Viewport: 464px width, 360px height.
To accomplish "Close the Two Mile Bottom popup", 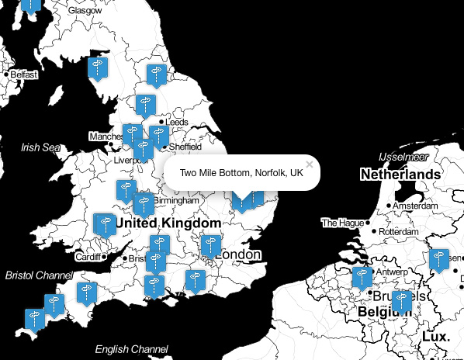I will pyautogui.click(x=310, y=164).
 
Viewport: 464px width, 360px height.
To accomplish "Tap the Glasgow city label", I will pyautogui.click(x=85, y=11).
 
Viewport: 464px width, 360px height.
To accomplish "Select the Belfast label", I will pyautogui.click(x=24, y=74).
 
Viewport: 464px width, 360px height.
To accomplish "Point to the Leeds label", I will pyautogui.click(x=177, y=123).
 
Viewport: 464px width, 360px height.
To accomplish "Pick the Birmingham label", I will pyautogui.click(x=178, y=200).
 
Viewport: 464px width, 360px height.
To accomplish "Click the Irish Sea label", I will pyautogui.click(x=40, y=147).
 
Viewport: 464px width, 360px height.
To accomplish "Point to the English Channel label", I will pyautogui.click(x=131, y=349).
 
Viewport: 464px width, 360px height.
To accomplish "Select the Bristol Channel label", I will pyautogui.click(x=39, y=275).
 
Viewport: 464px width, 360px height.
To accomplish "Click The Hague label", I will pyautogui.click(x=342, y=223).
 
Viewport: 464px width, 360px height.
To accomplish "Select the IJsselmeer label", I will pyautogui.click(x=403, y=157).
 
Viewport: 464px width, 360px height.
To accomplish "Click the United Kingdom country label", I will pyautogui.click(x=168, y=223).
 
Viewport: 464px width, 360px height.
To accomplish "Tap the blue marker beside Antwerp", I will pyautogui.click(x=361, y=278).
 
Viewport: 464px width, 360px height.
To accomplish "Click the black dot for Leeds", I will pyautogui.click(x=161, y=123).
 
